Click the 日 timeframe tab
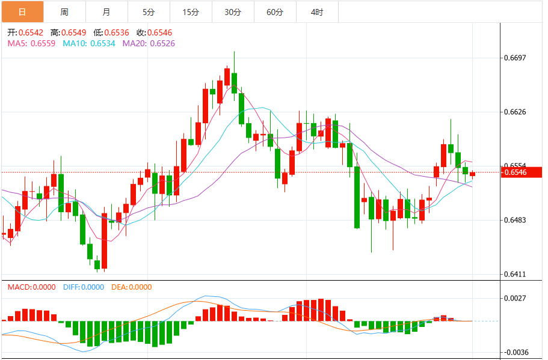(x=22, y=12)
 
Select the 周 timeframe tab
(x=64, y=12)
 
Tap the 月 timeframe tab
(x=106, y=12)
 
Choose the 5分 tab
(x=149, y=12)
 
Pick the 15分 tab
(x=191, y=12)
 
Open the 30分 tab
(x=233, y=12)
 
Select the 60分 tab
(x=275, y=12)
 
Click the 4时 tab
(x=317, y=12)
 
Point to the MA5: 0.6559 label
(x=31, y=43)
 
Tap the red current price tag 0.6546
(x=515, y=172)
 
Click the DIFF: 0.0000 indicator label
(x=83, y=287)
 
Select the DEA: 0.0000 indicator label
(x=132, y=287)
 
